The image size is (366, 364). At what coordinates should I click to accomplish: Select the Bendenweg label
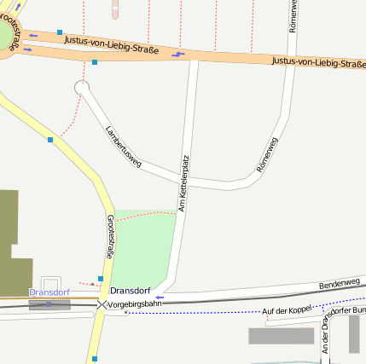(340, 282)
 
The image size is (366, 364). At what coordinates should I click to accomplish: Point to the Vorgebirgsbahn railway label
(135, 303)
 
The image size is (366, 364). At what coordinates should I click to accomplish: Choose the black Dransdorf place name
(131, 291)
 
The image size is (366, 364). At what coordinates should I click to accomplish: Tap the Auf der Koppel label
(288, 311)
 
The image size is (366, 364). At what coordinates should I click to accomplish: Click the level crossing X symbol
(102, 303)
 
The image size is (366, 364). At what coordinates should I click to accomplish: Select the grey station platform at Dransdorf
(49, 303)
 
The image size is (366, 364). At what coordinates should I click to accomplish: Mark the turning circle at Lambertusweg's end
(82, 87)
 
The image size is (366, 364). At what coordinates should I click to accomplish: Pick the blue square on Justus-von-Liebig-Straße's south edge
(94, 62)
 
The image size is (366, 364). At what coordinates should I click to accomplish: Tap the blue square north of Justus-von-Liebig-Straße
(60, 32)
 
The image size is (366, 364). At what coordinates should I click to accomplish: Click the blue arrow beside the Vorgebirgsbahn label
(159, 298)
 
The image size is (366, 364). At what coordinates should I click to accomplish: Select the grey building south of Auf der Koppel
(282, 336)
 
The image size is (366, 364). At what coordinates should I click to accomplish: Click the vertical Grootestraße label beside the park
(110, 237)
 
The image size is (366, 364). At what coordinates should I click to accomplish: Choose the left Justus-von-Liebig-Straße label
(117, 36)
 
